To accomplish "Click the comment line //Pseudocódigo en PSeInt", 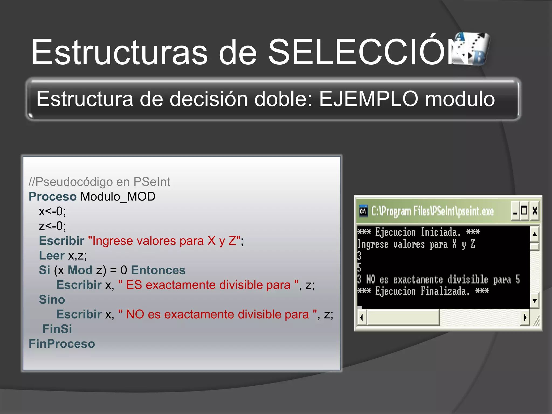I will pos(99,182).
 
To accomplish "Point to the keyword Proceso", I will pos(53,196).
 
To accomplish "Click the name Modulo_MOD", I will pos(118,196).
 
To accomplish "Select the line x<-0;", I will pos(52,211).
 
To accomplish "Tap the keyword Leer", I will pos(52,256).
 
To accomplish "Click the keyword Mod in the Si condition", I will pos(80,270).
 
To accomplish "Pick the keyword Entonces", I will pos(158,270).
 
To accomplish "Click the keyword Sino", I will pos(52,300).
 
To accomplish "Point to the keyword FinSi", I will pos(57,329).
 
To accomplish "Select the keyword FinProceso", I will pos(62,344).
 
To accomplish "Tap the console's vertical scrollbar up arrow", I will pos(534,234).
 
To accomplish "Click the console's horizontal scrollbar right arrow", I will pos(525,317).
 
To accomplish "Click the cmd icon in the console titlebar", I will pos(363,211).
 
